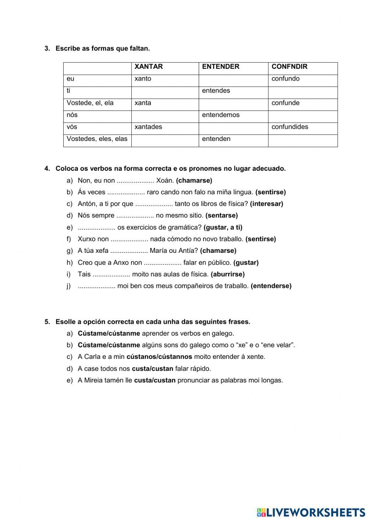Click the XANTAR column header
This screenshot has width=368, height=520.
[x=149, y=67]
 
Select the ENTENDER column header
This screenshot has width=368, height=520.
[x=220, y=67]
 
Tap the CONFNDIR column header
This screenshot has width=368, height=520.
[x=289, y=67]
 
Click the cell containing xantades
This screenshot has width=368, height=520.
[x=148, y=127]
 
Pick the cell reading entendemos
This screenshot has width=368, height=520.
[x=220, y=115]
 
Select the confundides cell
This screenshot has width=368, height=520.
[x=290, y=127]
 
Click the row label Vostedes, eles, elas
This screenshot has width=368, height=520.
[x=97, y=139]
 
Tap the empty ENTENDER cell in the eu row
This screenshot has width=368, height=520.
[x=233, y=79]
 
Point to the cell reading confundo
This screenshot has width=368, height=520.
[x=286, y=79]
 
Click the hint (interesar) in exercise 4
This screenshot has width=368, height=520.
[x=266, y=204]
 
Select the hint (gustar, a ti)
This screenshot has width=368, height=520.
[x=223, y=227]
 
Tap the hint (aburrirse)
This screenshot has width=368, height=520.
[x=227, y=274]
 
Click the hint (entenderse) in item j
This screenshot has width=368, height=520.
[x=271, y=286]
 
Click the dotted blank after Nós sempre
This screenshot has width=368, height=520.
[x=135, y=216]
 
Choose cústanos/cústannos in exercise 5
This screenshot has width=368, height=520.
[x=159, y=357]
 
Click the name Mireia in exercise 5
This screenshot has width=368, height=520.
[x=94, y=381]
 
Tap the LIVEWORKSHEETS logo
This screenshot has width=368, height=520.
[x=311, y=512]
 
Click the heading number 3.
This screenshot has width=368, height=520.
[x=47, y=49]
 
